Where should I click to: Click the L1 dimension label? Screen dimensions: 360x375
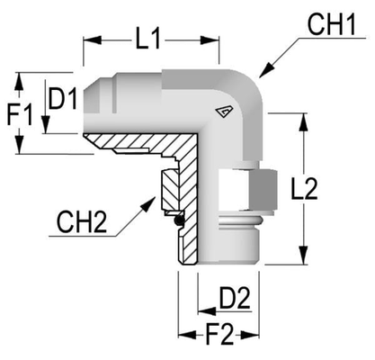coord(149,39)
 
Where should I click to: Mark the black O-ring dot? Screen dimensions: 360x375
coord(180,220)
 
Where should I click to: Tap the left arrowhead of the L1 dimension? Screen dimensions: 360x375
coord(86,39)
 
